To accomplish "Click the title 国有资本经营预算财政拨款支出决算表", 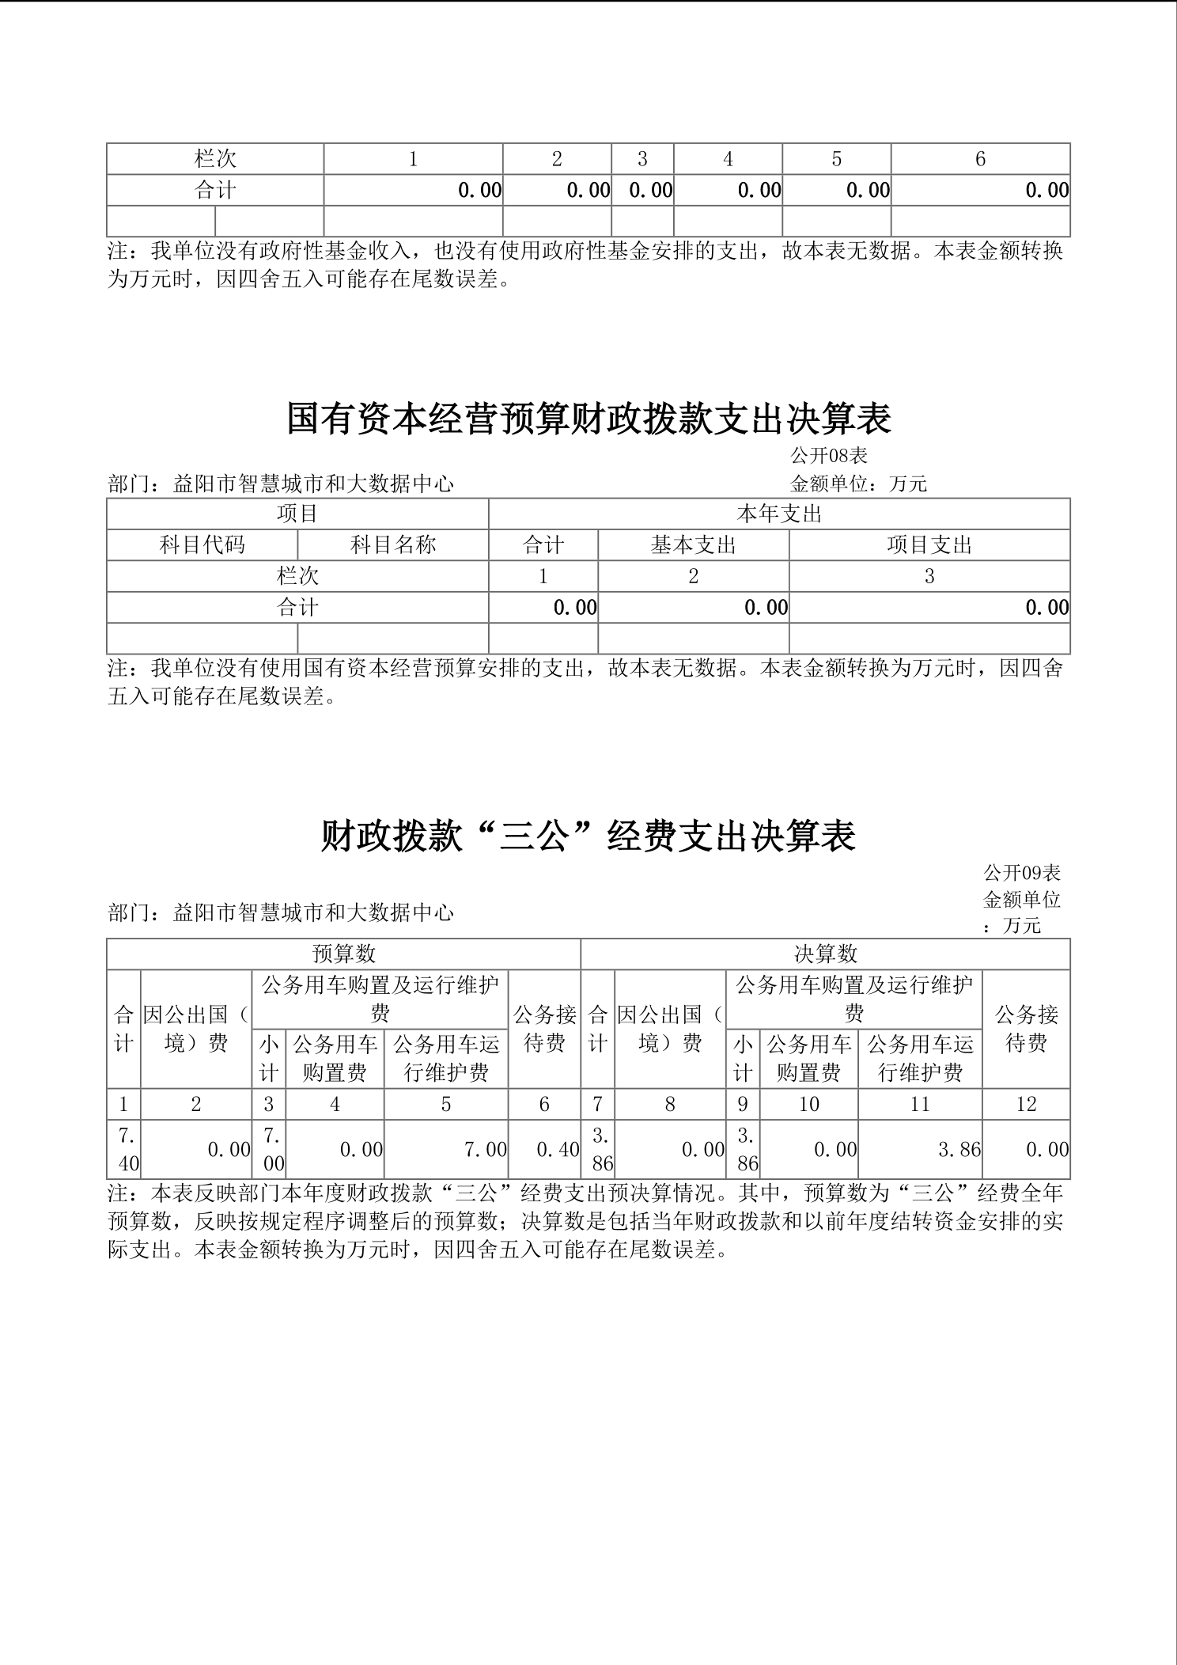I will [x=588, y=419].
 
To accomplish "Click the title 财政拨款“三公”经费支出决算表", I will [x=588, y=836].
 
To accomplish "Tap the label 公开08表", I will [x=828, y=456].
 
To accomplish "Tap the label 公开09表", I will [x=1021, y=873].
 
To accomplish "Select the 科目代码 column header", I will [x=202, y=544].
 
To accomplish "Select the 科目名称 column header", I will [x=393, y=544].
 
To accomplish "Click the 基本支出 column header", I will [x=693, y=544].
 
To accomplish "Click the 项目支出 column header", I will [x=929, y=544].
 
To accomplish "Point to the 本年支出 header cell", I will [x=779, y=514].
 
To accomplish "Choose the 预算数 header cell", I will [x=343, y=954].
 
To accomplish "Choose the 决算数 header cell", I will [x=825, y=954].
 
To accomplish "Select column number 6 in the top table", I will [x=980, y=159].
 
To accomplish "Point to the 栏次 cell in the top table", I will [x=215, y=159].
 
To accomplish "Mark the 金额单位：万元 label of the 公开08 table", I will [x=858, y=484].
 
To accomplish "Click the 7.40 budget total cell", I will [x=124, y=1149].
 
